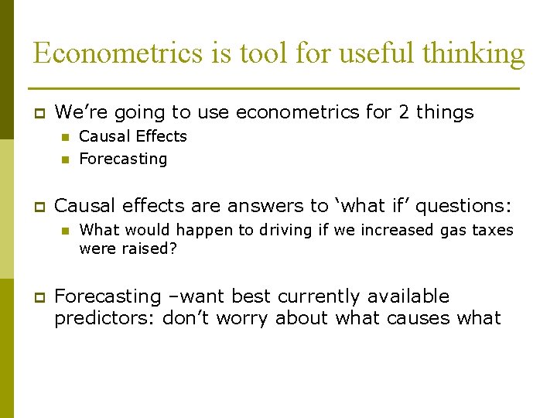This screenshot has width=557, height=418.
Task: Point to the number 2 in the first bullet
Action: (x=404, y=112)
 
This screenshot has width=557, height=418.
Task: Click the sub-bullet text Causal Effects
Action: (x=133, y=136)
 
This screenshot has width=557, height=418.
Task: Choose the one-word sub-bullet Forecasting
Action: (x=123, y=159)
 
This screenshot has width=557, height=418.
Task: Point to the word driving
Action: (x=235, y=230)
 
